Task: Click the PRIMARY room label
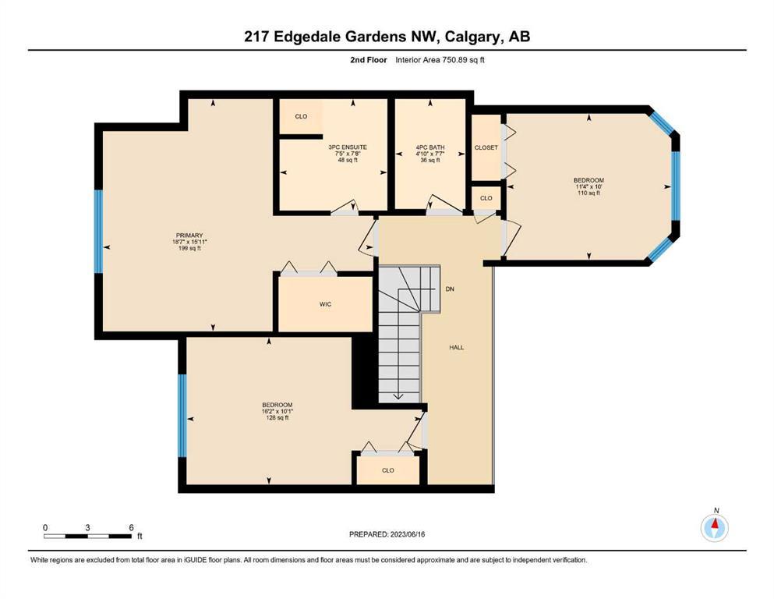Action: pos(189,236)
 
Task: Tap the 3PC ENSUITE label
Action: pos(348,147)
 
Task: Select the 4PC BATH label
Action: pos(430,147)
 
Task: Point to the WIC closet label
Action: pos(325,304)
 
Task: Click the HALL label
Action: pos(457,348)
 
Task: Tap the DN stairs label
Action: pos(450,289)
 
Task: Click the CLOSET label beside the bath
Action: pos(486,147)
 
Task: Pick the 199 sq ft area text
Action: pos(189,248)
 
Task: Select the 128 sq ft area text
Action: pos(277,418)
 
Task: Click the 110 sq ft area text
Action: pos(589,193)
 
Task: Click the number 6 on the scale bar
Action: pos(131,527)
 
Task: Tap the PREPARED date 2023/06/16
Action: pos(408,534)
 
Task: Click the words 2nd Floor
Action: pos(368,60)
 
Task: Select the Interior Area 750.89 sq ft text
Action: pos(440,60)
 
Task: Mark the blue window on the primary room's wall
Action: pos(99,231)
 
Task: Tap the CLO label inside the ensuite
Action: pos(301,116)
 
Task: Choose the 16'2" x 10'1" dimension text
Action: pos(277,411)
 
